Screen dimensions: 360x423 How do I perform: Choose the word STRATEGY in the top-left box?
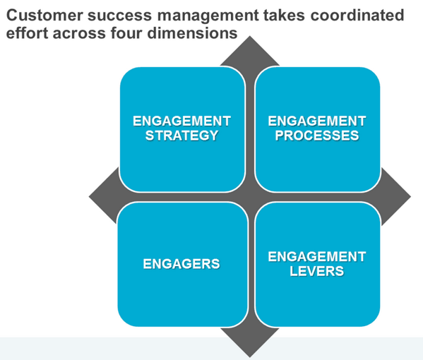pyautogui.click(x=181, y=136)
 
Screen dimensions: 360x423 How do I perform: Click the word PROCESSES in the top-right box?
pyautogui.click(x=317, y=136)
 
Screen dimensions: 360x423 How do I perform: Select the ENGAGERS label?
pyautogui.click(x=181, y=264)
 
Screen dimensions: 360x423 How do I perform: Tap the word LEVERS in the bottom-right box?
pyautogui.click(x=317, y=271)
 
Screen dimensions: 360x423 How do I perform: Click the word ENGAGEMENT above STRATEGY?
pyautogui.click(x=181, y=121)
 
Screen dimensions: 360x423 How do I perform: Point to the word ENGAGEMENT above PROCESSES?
pyautogui.click(x=317, y=121)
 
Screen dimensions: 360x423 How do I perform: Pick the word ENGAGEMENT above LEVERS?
pyautogui.click(x=317, y=256)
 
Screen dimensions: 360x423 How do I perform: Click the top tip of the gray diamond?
pyautogui.click(x=250, y=37)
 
